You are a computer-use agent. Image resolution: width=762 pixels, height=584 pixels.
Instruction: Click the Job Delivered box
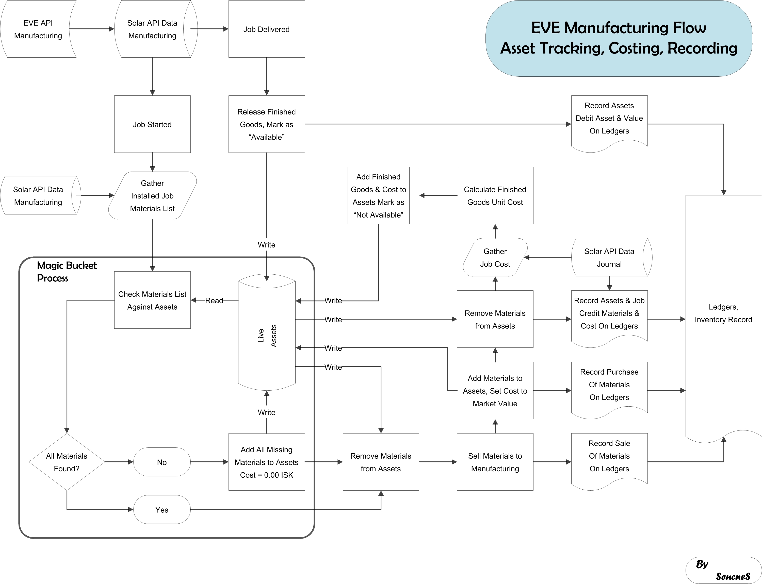tap(266, 29)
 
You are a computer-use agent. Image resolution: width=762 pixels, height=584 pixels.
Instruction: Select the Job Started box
tap(152, 124)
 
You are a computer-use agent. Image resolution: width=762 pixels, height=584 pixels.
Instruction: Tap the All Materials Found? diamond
tap(67, 462)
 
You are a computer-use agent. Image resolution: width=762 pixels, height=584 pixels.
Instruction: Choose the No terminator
tap(162, 462)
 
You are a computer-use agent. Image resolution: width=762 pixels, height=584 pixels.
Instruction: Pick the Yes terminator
tap(162, 510)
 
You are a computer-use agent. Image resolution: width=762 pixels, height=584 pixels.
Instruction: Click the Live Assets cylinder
tap(267, 336)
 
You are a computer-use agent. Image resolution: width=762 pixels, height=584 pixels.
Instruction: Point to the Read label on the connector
tap(214, 300)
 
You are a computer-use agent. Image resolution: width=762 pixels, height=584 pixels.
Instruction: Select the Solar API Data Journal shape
tap(609, 258)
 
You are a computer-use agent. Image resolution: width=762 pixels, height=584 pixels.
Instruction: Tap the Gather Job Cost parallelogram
tap(495, 258)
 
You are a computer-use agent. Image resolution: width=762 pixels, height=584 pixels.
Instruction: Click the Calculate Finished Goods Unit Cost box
tap(495, 195)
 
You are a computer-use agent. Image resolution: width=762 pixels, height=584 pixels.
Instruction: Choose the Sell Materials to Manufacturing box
tap(495, 462)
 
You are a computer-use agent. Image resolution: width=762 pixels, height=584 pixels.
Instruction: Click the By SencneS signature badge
tap(723, 570)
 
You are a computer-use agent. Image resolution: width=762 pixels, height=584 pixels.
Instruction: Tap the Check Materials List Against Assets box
tap(152, 300)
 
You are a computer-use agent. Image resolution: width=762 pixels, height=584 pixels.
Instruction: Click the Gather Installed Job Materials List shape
tap(152, 195)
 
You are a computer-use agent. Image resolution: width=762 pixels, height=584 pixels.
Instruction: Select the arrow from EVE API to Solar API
tap(92, 29)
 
